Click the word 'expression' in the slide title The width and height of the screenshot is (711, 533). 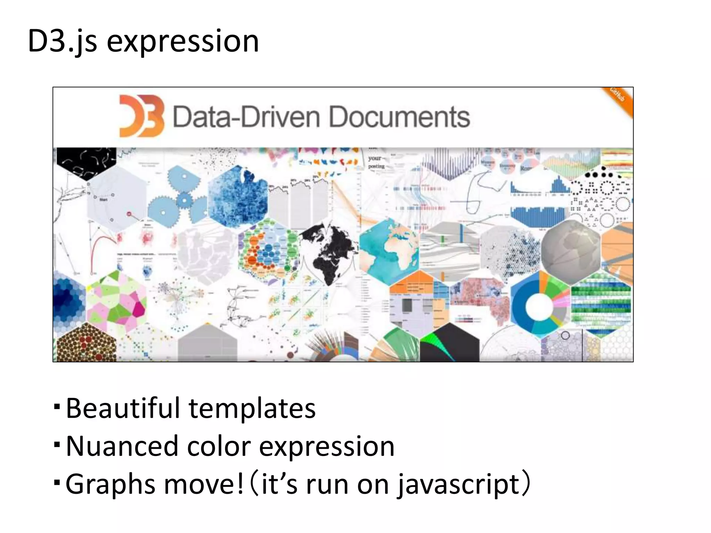[x=183, y=42]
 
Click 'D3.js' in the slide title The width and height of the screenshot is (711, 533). [x=62, y=42]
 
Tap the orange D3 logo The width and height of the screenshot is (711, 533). [x=141, y=116]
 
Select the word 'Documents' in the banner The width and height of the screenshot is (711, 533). [x=399, y=117]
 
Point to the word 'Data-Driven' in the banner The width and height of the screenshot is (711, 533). [x=246, y=117]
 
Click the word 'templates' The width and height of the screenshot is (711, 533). [x=252, y=409]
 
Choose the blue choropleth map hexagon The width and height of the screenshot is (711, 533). [x=238, y=196]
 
